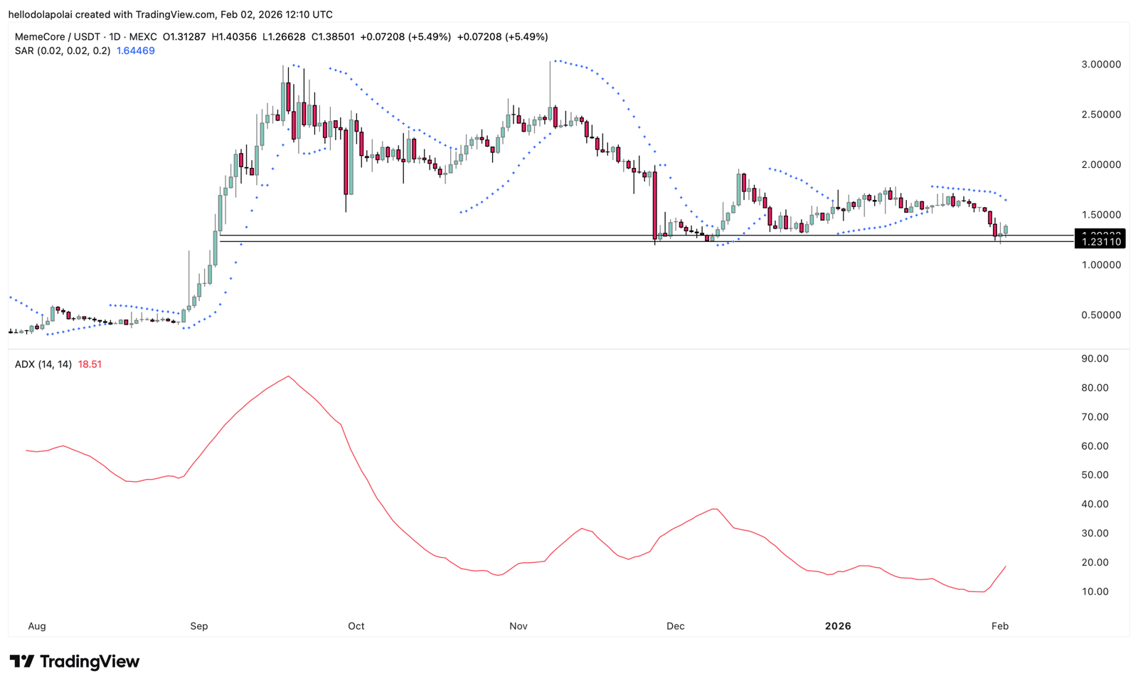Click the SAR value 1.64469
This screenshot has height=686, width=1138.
(135, 51)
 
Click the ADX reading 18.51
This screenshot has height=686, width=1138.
(90, 364)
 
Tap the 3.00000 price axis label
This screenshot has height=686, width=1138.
(1101, 64)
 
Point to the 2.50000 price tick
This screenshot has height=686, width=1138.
(1101, 115)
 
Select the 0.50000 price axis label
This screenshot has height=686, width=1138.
(1101, 315)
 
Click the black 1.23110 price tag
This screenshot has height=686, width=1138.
(1101, 242)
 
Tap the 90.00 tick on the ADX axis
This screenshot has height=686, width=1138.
(1095, 359)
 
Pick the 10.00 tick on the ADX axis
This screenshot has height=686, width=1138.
(1095, 592)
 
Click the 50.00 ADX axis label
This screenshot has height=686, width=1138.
(1095, 475)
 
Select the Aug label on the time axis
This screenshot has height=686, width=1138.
(37, 626)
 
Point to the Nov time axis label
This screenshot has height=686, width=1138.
(519, 626)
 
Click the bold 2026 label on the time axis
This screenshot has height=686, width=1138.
(838, 626)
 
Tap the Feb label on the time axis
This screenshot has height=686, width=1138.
(1000, 626)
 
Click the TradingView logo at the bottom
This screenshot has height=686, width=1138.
(75, 662)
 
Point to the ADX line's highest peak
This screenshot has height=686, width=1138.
(288, 376)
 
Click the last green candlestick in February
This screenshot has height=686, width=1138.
(1006, 229)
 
